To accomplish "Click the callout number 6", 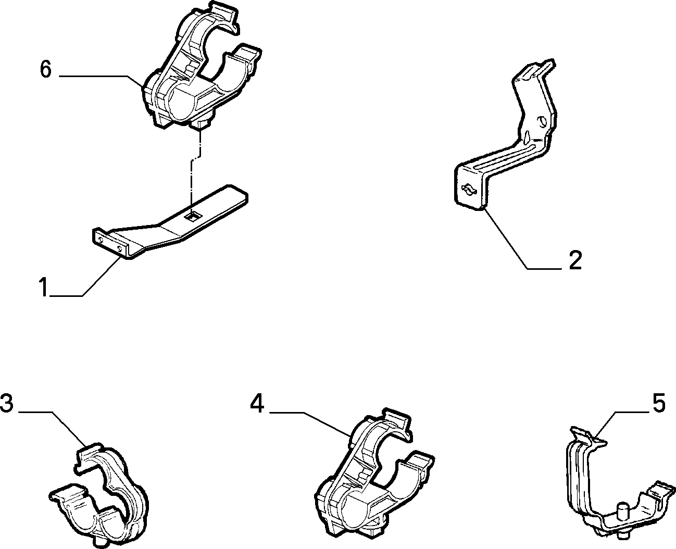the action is tap(46, 69).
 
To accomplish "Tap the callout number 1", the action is tap(44, 287).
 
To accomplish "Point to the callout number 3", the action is tap(7, 403).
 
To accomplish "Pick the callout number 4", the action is tap(257, 404).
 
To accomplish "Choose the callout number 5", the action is tap(659, 403).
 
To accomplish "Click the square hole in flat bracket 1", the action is tap(192, 217).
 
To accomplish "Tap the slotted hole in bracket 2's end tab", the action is tap(469, 190).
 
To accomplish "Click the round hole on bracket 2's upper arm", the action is tap(542, 121).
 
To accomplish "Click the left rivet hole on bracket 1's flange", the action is tap(101, 239).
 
